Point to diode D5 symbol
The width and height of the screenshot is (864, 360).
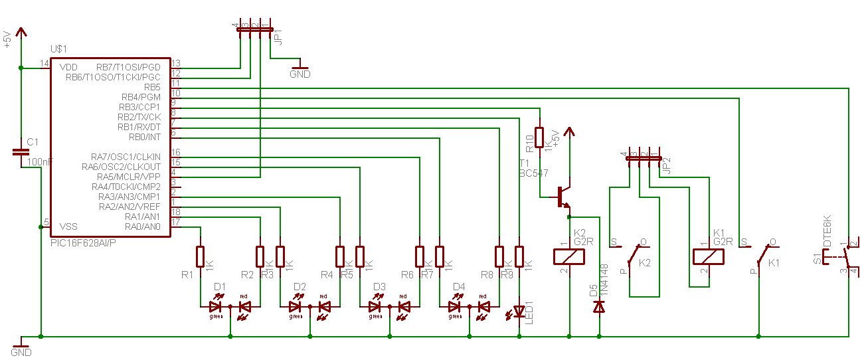599,307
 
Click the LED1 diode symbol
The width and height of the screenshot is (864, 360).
519,311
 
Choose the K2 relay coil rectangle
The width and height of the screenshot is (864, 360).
568,256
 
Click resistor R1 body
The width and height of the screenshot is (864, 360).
200,256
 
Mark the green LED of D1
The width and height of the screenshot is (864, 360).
215,307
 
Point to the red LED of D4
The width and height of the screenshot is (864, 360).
483,307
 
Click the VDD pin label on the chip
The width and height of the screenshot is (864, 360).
68,67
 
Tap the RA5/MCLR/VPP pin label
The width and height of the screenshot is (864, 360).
129,177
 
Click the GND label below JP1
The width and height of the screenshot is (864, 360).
300,74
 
